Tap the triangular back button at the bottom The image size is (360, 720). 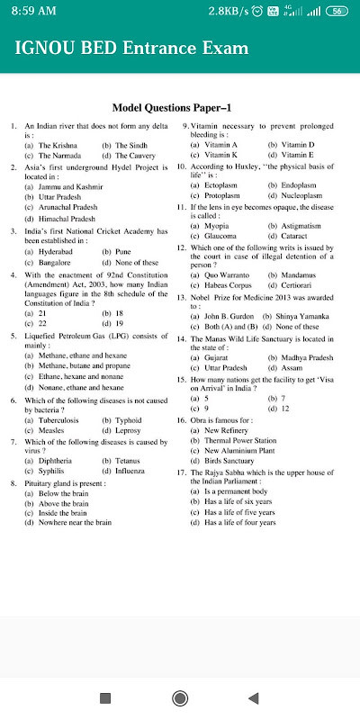point(253,697)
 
